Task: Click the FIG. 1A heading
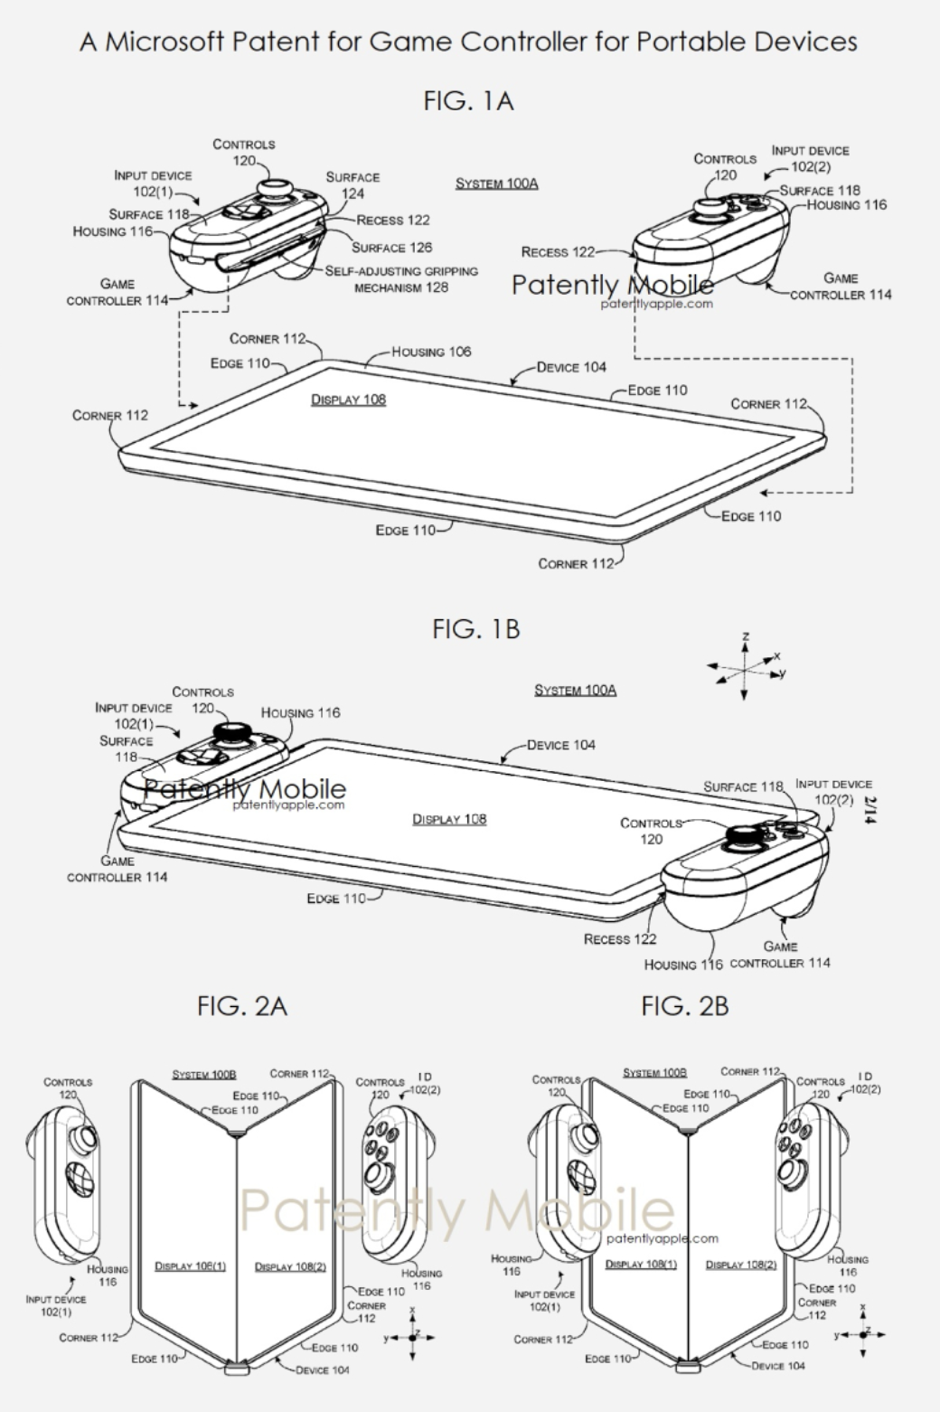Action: point(468,100)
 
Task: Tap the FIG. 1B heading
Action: point(476,628)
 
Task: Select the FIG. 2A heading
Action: point(242,1005)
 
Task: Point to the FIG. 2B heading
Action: point(684,1005)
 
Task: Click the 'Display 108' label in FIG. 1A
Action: point(348,400)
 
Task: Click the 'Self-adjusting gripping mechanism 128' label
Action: point(401,279)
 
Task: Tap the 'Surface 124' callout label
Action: point(352,185)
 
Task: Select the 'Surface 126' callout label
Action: point(391,248)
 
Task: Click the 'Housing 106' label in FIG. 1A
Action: point(431,352)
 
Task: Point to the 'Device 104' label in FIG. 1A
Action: point(571,367)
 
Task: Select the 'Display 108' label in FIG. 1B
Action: point(449,819)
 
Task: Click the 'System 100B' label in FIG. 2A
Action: point(203,1075)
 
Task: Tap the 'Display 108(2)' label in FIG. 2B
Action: point(740,1265)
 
